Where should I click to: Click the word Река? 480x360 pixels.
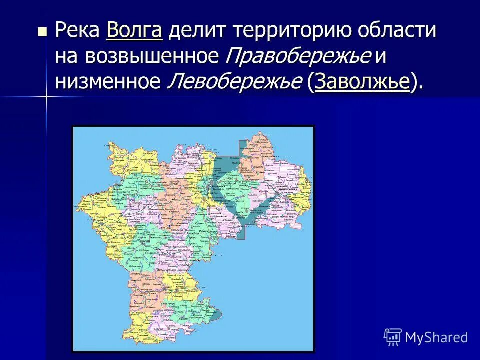(x=77, y=31)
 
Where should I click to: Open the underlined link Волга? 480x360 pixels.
(x=134, y=31)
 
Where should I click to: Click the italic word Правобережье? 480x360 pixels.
(x=298, y=56)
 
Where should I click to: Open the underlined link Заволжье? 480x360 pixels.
(x=362, y=81)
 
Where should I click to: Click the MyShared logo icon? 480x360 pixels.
(x=392, y=337)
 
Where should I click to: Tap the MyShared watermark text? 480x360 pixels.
(x=436, y=337)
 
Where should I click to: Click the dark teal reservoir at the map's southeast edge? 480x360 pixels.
(x=216, y=315)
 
